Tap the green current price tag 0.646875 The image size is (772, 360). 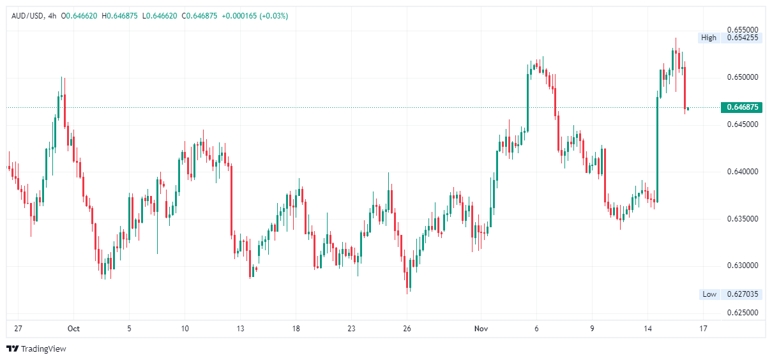pos(741,107)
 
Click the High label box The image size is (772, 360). pos(708,38)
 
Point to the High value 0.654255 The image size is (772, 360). pos(742,38)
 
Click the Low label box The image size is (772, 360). pos(709,294)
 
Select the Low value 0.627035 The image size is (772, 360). pos(742,294)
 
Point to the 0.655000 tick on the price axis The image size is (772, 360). pos(742,30)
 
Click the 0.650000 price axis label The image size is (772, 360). pos(742,77)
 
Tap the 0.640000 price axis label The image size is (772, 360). pos(742,172)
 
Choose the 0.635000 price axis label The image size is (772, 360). pos(742,219)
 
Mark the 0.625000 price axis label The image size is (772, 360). pos(742,313)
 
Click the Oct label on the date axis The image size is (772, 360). pos(73,329)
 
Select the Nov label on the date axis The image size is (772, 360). pos(481,329)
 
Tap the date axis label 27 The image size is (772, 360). pos(18,329)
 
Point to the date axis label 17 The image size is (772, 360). pos(703,329)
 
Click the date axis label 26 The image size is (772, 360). pos(407,329)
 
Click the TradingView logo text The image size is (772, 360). pos(43,349)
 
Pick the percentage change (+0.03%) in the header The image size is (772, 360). pos(274,15)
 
